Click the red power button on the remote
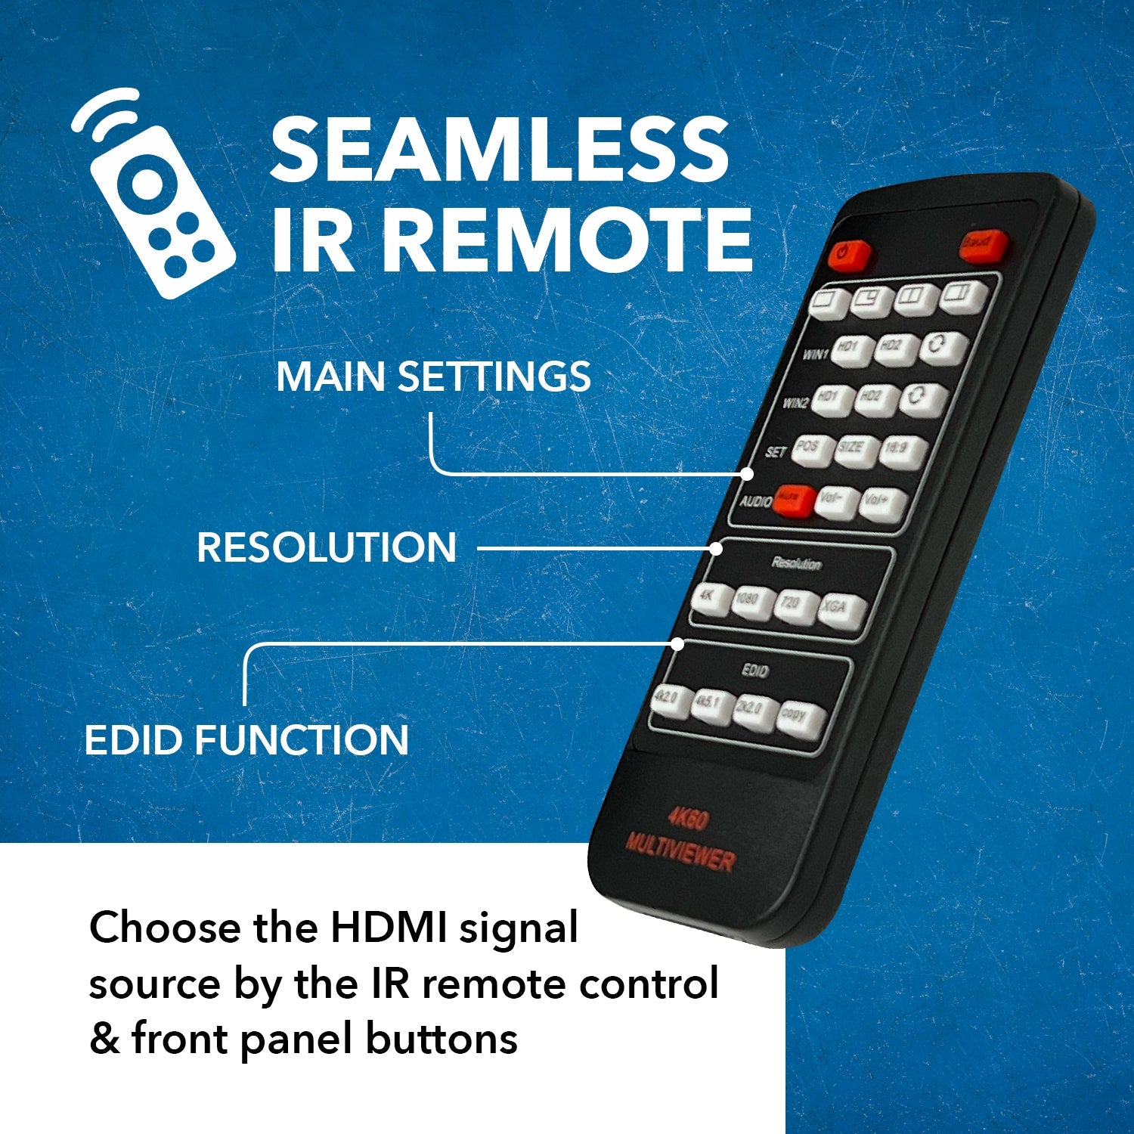tap(848, 255)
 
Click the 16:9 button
tap(900, 452)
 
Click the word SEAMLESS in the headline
tap(499, 149)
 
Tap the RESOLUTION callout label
tap(327, 547)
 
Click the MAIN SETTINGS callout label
tap(433, 376)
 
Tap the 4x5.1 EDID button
tap(712, 706)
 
